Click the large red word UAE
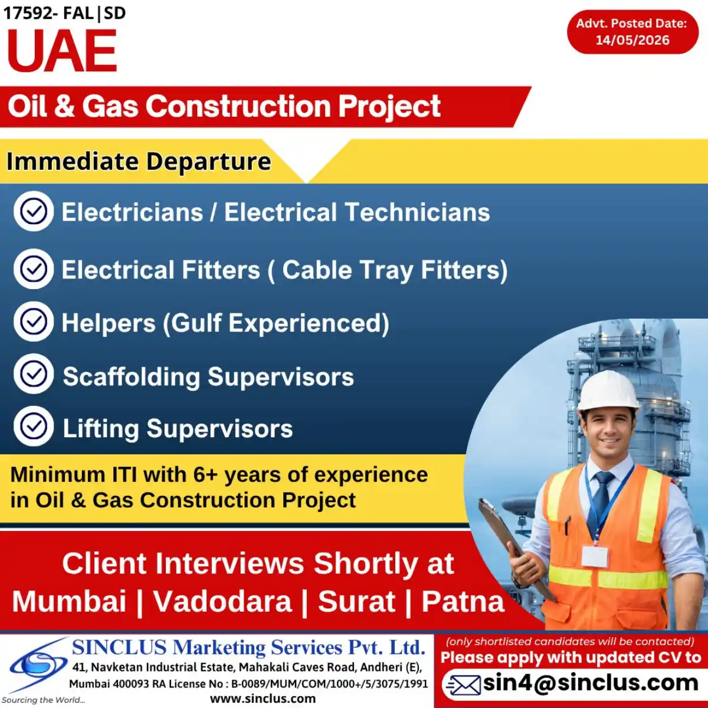[62, 50]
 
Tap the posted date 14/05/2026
[632, 40]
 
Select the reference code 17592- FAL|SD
[65, 13]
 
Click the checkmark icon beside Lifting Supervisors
[34, 426]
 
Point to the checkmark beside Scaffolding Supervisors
[34, 374]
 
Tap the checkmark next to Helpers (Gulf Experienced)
[34, 322]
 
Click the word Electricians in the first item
[132, 212]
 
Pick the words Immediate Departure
[139, 161]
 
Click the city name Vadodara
[222, 601]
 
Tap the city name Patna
[463, 601]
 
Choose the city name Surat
[356, 601]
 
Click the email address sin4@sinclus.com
[591, 683]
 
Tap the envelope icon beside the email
[463, 684]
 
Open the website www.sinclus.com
[263, 699]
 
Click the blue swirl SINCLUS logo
[38, 664]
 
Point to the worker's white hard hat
[608, 390]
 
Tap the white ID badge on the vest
[595, 556]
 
